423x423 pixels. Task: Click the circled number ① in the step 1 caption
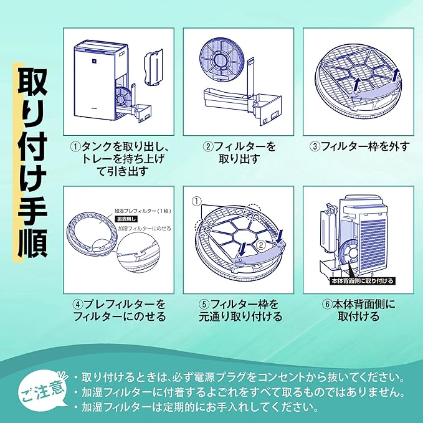point(76,147)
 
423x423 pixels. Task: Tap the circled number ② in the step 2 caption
point(209,147)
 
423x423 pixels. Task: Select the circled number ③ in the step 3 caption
point(316,147)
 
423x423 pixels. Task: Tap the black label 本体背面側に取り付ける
point(362,281)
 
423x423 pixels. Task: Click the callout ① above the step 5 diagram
point(197,202)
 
